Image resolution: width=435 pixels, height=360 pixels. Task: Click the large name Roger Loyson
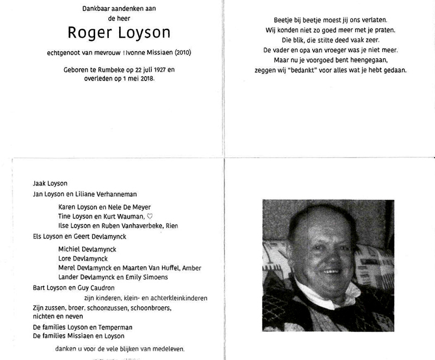pyautogui.click(x=119, y=33)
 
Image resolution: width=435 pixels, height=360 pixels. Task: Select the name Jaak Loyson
pyautogui.click(x=49, y=183)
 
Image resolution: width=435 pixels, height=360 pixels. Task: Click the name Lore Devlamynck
pyautogui.click(x=83, y=258)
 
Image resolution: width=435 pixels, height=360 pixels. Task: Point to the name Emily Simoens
pyautogui.click(x=148, y=277)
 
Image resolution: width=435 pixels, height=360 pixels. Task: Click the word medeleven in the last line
pyautogui.click(x=167, y=349)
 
